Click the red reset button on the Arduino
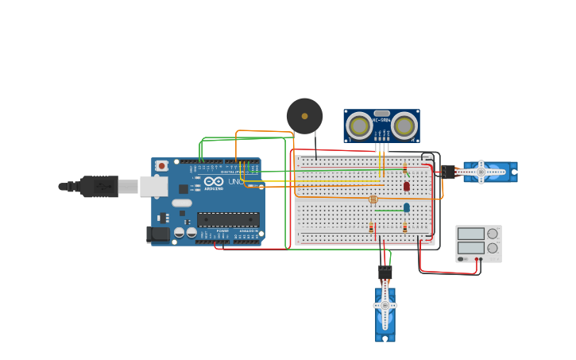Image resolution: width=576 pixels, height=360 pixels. tap(162, 165)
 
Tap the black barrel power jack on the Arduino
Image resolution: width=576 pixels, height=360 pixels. tap(158, 234)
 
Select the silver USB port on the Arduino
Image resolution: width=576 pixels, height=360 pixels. tap(153, 186)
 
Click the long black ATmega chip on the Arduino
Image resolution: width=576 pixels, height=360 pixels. tap(228, 219)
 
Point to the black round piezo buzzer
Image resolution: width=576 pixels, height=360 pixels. tap(304, 116)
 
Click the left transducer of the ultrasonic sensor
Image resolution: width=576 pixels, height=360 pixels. tap(360, 126)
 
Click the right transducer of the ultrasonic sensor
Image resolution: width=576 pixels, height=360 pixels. tap(404, 126)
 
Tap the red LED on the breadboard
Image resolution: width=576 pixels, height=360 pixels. tap(406, 186)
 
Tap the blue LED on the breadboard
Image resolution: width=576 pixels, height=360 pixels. tap(406, 207)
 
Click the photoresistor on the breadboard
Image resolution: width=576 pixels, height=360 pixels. tap(373, 199)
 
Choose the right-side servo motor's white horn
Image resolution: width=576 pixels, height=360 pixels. tap(481, 172)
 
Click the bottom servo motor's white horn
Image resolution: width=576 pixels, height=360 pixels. tap(385, 306)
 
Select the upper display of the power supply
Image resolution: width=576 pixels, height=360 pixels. tap(470, 234)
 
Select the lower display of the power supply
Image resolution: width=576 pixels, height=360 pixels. tap(470, 247)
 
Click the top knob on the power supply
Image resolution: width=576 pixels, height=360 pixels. tap(493, 234)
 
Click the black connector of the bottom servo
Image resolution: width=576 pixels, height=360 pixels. tap(385, 273)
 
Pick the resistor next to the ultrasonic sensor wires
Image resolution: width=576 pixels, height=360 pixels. tap(404, 168)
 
